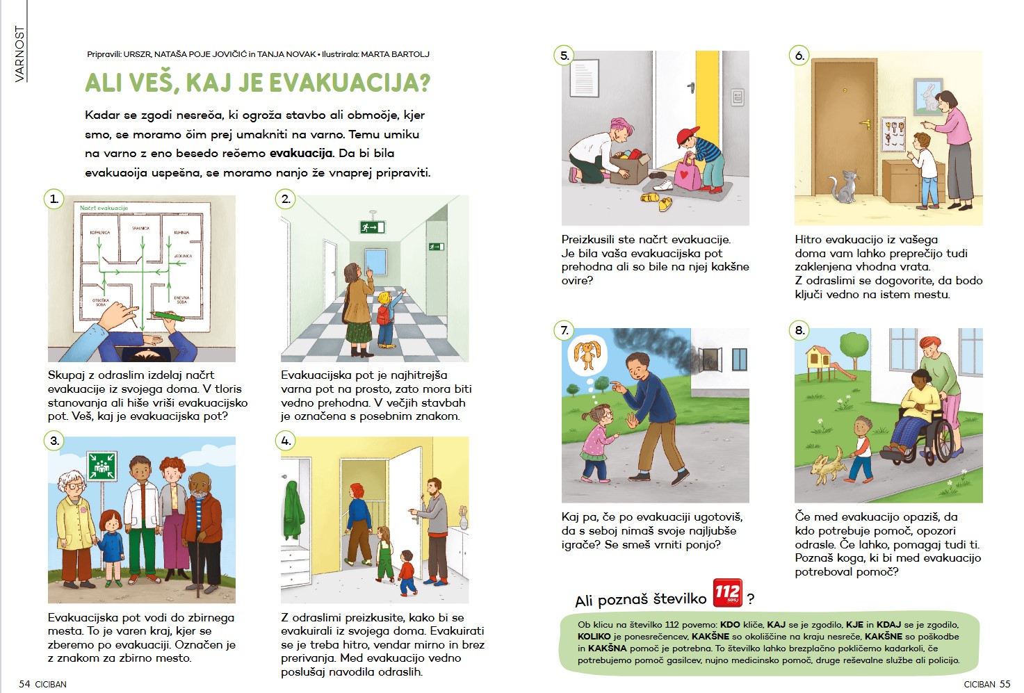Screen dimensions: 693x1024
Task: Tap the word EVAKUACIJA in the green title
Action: (349, 83)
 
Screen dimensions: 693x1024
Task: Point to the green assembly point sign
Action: (101, 466)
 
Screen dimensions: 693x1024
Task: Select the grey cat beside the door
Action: (844, 186)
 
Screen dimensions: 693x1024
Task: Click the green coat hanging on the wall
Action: (294, 514)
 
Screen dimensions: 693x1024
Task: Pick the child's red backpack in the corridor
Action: (384, 314)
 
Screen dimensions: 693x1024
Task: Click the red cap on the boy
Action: (688, 134)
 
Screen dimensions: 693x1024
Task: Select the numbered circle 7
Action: (564, 330)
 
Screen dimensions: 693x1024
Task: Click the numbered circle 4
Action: (286, 441)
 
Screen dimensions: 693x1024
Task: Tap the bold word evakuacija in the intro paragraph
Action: (301, 153)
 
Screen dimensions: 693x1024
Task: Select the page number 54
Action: (24, 684)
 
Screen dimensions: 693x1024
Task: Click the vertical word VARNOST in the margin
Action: (19, 54)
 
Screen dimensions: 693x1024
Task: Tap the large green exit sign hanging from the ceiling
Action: (372, 227)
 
